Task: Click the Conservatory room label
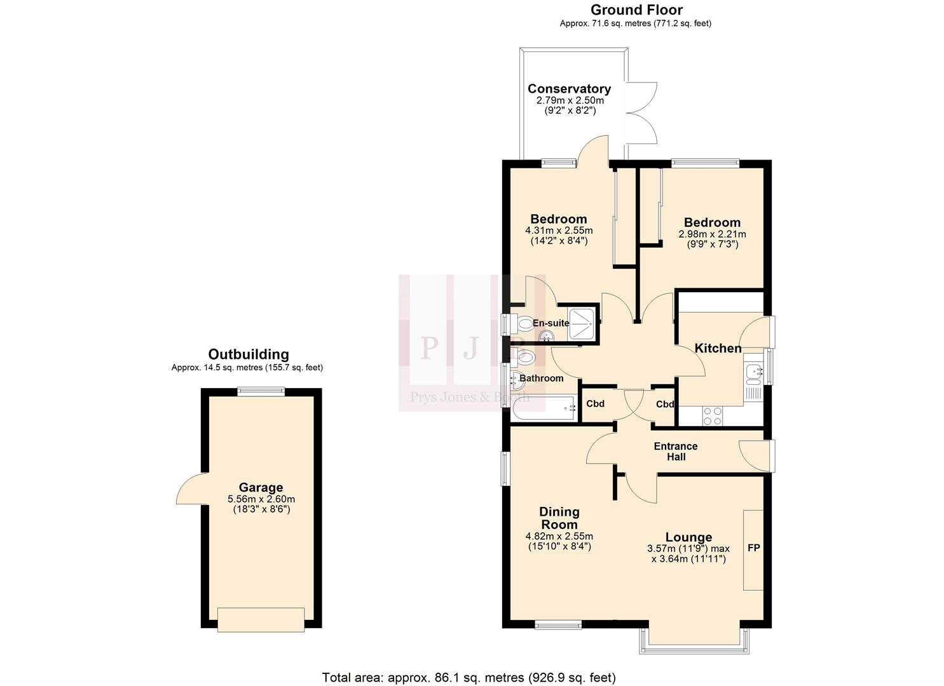point(569,89)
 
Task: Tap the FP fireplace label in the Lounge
point(753,548)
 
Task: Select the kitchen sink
point(753,374)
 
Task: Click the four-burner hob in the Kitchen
point(712,415)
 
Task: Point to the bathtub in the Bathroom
point(544,408)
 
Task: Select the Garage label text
point(261,488)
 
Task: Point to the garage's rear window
point(261,393)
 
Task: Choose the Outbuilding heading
point(249,354)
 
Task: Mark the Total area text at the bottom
point(469,677)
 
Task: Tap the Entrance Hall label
point(676,451)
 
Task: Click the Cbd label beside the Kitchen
point(665,404)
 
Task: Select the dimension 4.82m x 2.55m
point(559,536)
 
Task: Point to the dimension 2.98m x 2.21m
point(712,234)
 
